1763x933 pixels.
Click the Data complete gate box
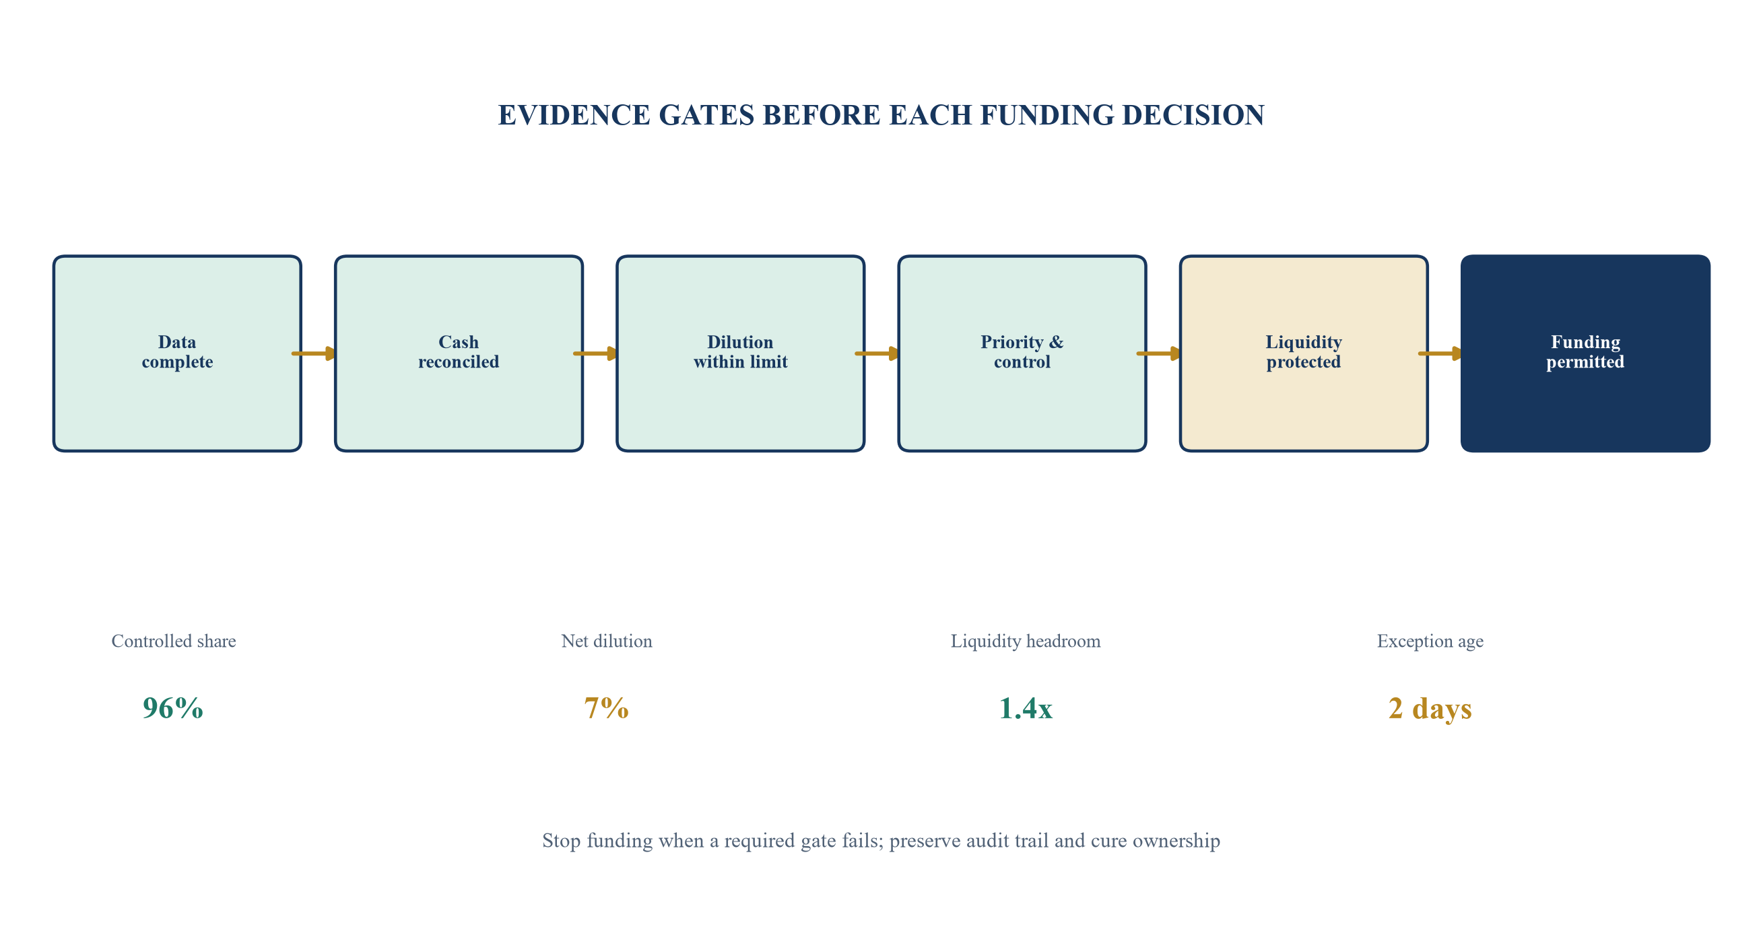click(177, 353)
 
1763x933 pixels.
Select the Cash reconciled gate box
click(459, 353)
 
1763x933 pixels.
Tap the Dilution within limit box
click(741, 353)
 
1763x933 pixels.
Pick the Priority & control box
click(1022, 353)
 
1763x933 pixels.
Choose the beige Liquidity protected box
click(1304, 353)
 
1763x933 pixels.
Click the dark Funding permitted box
click(1585, 353)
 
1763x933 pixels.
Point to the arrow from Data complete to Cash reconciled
click(314, 353)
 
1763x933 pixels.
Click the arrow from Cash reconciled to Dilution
click(596, 353)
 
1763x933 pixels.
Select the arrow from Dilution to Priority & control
click(877, 353)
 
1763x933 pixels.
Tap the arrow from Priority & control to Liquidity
click(1160, 353)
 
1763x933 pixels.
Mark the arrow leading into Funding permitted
click(1440, 353)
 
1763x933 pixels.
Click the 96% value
click(173, 708)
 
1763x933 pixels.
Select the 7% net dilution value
click(606, 708)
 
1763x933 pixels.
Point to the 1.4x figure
click(1025, 708)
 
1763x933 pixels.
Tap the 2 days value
click(1430, 710)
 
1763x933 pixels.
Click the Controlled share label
click(174, 641)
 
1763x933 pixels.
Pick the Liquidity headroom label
click(1025, 642)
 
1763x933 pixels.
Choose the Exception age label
click(1430, 642)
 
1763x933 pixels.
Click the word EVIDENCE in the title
click(574, 115)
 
